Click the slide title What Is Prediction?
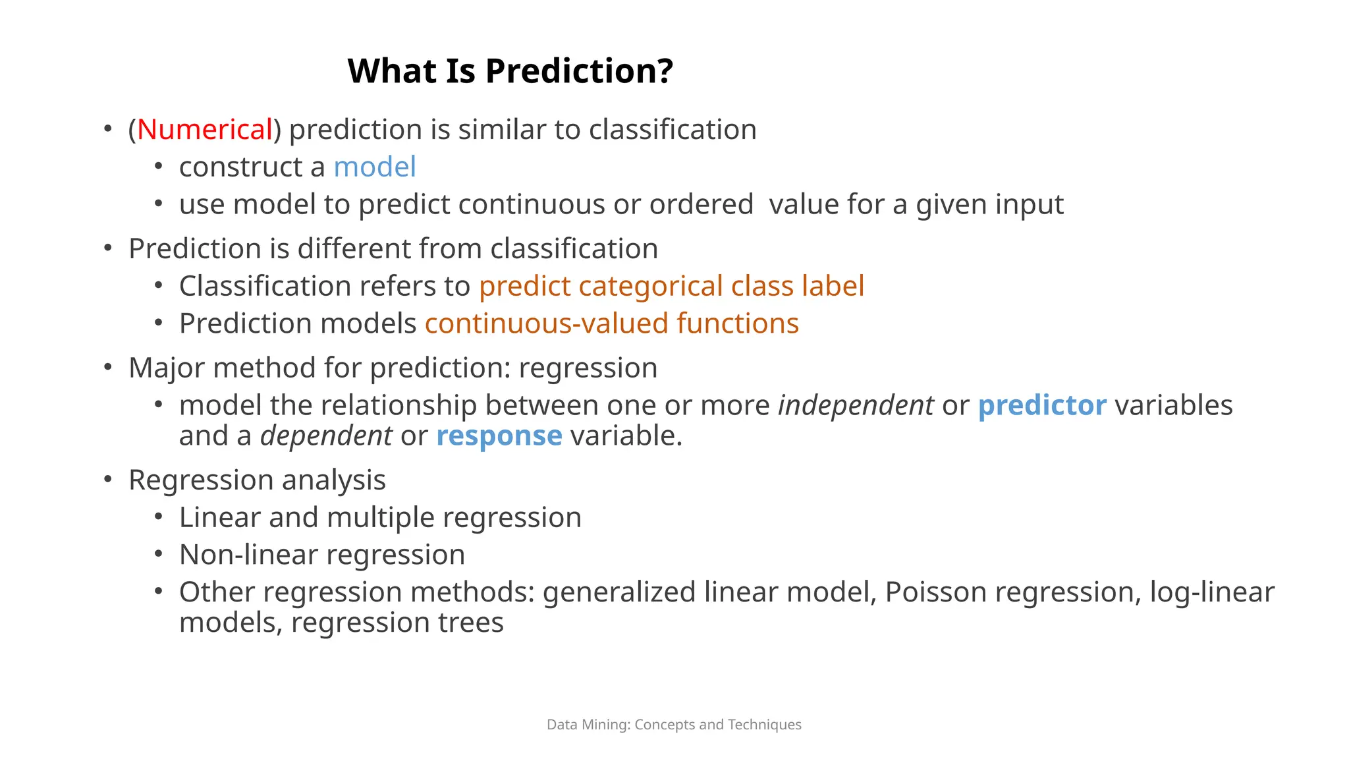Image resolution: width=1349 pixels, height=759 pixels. coord(510,70)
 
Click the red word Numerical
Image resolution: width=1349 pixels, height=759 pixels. coord(205,129)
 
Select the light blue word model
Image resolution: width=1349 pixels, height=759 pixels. coord(374,167)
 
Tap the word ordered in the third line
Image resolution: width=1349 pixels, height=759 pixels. coord(701,204)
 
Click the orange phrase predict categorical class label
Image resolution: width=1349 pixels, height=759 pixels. coord(671,286)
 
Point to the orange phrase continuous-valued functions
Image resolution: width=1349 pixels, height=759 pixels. coord(611,323)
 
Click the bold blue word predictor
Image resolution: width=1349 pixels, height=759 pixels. coord(1041,405)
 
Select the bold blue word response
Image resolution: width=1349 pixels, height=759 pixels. coord(499,436)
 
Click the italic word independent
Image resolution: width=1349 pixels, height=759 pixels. coord(855,405)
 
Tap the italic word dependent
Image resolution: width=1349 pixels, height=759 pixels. coord(326,436)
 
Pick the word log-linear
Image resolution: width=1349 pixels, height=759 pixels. coord(1211,592)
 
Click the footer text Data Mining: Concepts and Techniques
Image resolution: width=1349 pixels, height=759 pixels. coord(674,725)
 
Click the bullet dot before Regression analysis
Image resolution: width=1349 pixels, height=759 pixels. coord(108,479)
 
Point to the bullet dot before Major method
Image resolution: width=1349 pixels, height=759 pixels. coord(108,367)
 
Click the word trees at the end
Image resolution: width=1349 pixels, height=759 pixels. coord(470,623)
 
